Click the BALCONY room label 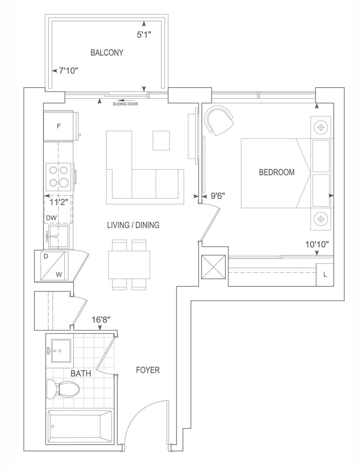tap(107, 52)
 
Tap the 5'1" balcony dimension tap(144, 34)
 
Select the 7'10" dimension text tap(68, 70)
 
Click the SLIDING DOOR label tap(126, 104)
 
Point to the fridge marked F tap(58, 126)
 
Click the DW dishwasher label tap(51, 218)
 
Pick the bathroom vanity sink tap(61, 351)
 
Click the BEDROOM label tap(277, 172)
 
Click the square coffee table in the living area tap(161, 141)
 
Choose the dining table tap(129, 265)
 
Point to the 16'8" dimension tap(101, 320)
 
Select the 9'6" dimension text tap(218, 196)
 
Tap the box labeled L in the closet tap(325, 275)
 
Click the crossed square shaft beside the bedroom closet tap(213, 267)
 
